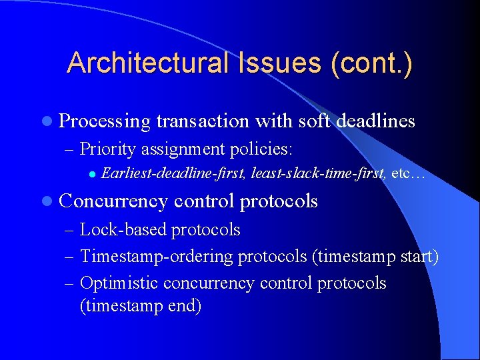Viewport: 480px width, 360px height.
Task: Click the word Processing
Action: click(105, 121)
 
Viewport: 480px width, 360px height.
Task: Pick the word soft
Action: click(311, 121)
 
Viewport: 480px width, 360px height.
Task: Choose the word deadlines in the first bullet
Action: click(376, 121)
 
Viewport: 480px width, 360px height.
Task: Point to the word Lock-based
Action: click(123, 230)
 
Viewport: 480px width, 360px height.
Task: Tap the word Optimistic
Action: click(119, 283)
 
